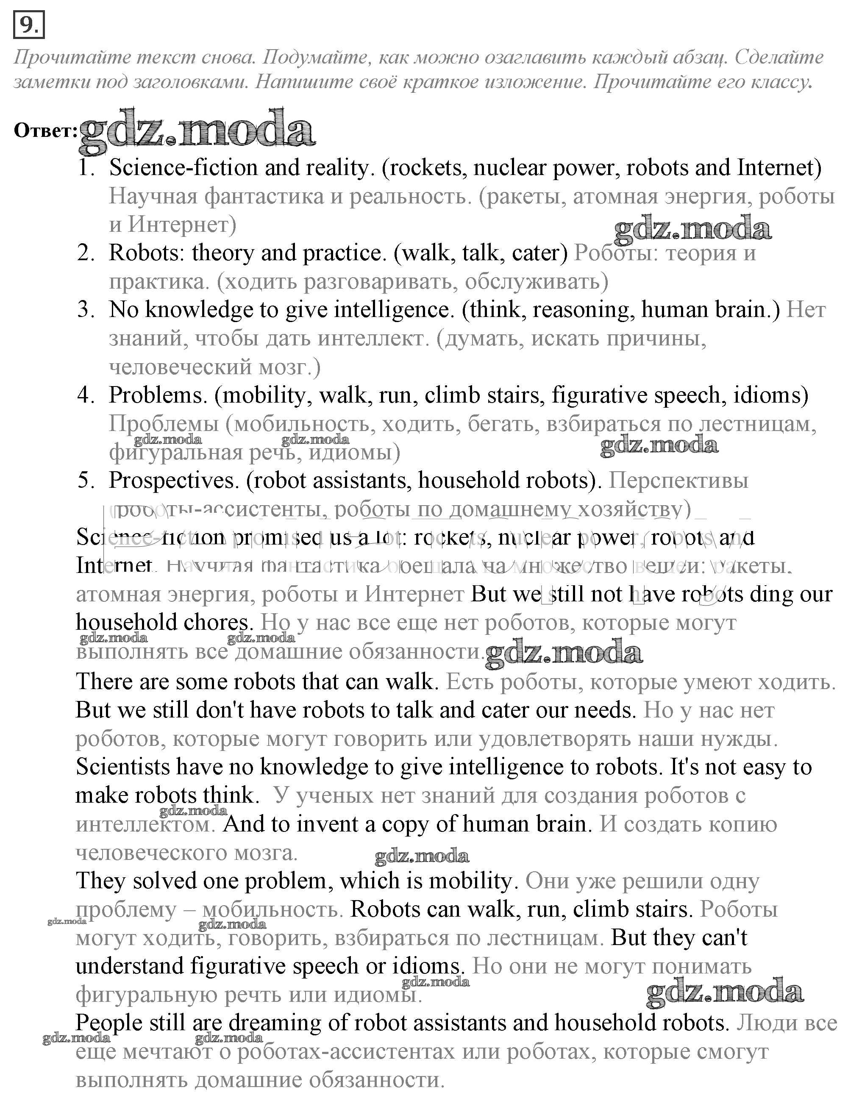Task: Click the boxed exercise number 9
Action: (29, 25)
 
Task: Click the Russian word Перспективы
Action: (678, 480)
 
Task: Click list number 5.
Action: (86, 480)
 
